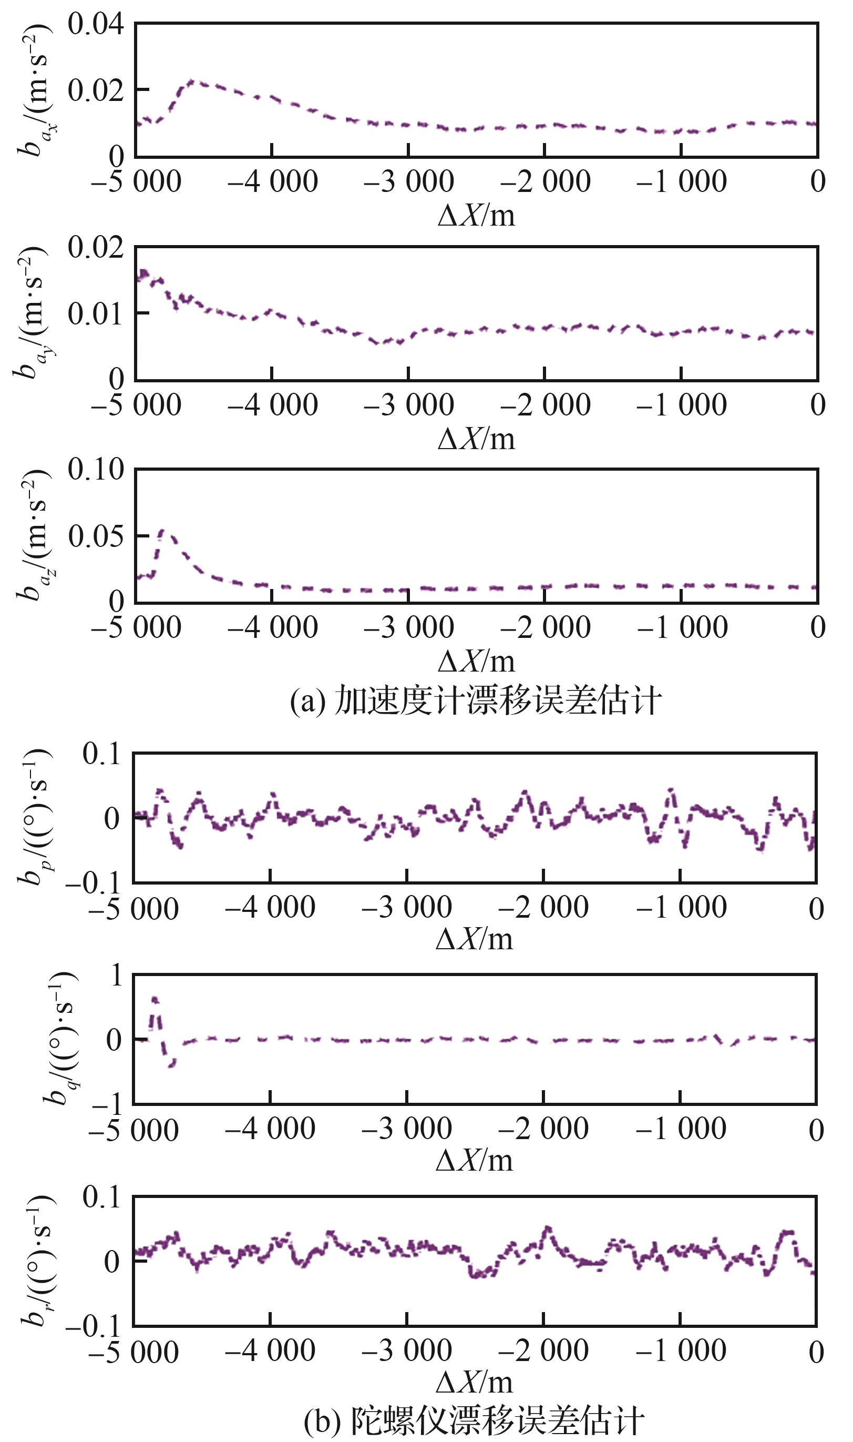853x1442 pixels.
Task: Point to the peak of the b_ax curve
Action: click(x=191, y=82)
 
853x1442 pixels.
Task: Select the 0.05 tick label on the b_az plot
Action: click(x=96, y=536)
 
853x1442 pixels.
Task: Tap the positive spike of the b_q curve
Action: click(x=154, y=999)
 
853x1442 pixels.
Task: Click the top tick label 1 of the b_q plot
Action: click(x=117, y=975)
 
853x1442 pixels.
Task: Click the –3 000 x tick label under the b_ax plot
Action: click(x=409, y=181)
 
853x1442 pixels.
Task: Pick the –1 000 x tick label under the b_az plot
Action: click(x=682, y=627)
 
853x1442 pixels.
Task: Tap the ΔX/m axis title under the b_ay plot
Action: click(x=476, y=439)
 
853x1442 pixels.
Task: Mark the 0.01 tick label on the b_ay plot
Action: click(x=96, y=314)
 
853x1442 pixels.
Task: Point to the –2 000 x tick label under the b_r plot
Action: click(x=543, y=1350)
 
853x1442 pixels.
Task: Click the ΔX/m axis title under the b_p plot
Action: click(x=474, y=939)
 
